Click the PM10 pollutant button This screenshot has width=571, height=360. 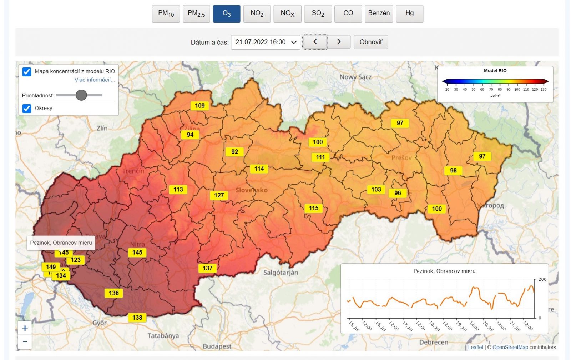(x=166, y=14)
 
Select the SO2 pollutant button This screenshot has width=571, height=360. (x=318, y=14)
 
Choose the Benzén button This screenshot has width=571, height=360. (x=379, y=14)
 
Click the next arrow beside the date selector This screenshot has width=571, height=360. (x=339, y=42)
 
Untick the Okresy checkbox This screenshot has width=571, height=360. (x=27, y=108)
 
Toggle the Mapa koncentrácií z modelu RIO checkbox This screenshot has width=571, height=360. (x=27, y=71)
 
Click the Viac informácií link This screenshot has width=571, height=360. (x=95, y=80)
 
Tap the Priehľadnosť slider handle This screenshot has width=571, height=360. (x=81, y=95)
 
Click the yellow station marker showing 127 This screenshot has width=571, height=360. (x=219, y=195)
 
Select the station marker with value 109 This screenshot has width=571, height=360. (x=199, y=106)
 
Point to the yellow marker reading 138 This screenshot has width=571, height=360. (x=137, y=317)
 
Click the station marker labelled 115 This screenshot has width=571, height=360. (x=313, y=208)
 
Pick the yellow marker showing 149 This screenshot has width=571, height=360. (x=51, y=267)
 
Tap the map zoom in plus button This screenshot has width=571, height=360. (x=25, y=328)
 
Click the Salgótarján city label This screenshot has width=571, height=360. (x=281, y=272)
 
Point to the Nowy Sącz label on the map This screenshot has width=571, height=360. (x=355, y=77)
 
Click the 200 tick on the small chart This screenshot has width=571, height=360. (x=542, y=279)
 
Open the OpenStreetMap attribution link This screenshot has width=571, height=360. (x=510, y=347)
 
